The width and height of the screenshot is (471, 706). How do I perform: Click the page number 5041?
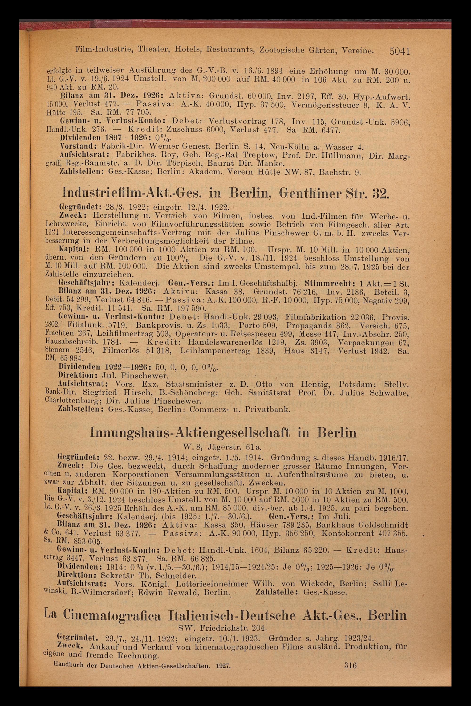pos(399,51)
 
